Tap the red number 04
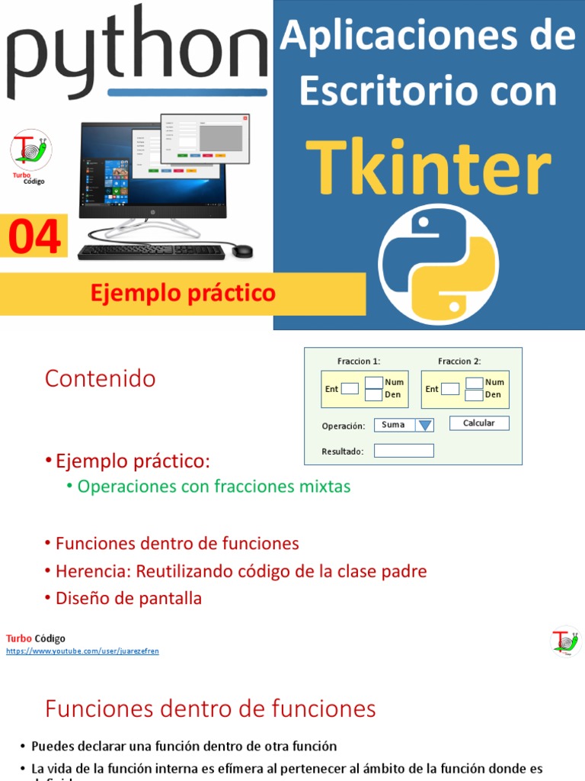[34, 237]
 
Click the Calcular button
[478, 423]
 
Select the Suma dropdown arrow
[425, 426]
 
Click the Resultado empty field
[404, 451]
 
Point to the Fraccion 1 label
[359, 362]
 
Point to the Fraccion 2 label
[459, 362]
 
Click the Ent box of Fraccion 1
[350, 389]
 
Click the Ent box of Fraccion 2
[450, 389]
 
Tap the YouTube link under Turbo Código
[82, 651]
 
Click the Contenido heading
[100, 379]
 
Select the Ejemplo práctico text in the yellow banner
[183, 294]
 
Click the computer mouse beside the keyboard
[242, 250]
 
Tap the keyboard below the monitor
[151, 252]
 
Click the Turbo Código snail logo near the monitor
[31, 149]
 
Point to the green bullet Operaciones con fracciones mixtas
[214, 487]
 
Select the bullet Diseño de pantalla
[128, 599]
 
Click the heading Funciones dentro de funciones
[210, 709]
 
